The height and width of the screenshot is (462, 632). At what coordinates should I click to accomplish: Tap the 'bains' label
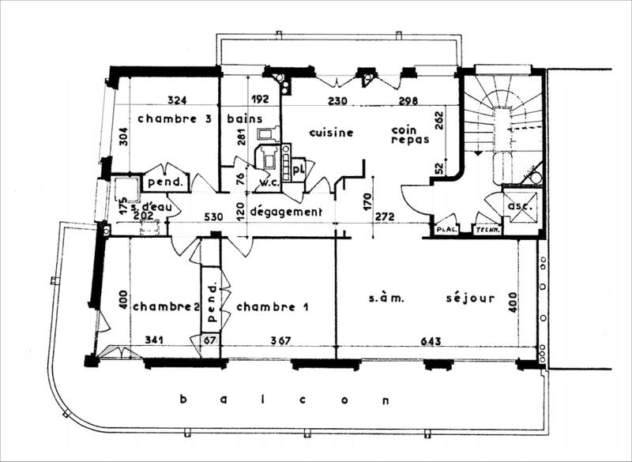245,118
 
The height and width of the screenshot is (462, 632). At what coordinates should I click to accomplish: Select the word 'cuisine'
331,132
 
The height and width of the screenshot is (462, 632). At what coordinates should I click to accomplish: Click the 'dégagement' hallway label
286,212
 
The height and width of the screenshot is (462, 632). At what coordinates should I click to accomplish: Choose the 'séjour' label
470,299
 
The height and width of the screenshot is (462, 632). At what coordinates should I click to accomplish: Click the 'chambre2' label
164,306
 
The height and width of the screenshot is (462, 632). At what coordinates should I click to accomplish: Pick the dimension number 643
431,341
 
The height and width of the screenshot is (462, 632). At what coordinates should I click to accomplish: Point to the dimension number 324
177,100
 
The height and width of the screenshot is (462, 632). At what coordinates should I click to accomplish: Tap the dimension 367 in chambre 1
280,341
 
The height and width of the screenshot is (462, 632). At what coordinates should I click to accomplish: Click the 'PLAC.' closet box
446,228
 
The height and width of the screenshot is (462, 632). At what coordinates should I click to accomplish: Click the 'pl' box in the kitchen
298,168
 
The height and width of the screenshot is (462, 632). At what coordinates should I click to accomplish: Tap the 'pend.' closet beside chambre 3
165,182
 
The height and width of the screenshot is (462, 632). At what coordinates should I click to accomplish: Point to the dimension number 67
209,341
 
